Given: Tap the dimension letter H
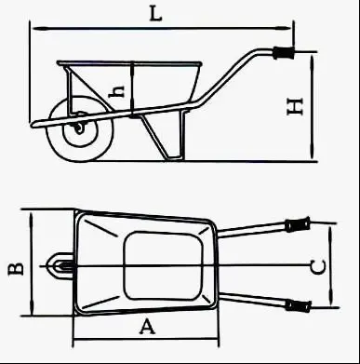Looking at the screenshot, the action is [x=295, y=107].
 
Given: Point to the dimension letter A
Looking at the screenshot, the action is [x=145, y=325].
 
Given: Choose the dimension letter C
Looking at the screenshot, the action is [x=317, y=267].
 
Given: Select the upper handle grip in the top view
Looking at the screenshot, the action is [x=297, y=224].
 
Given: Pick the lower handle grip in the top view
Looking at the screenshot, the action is [x=297, y=305].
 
